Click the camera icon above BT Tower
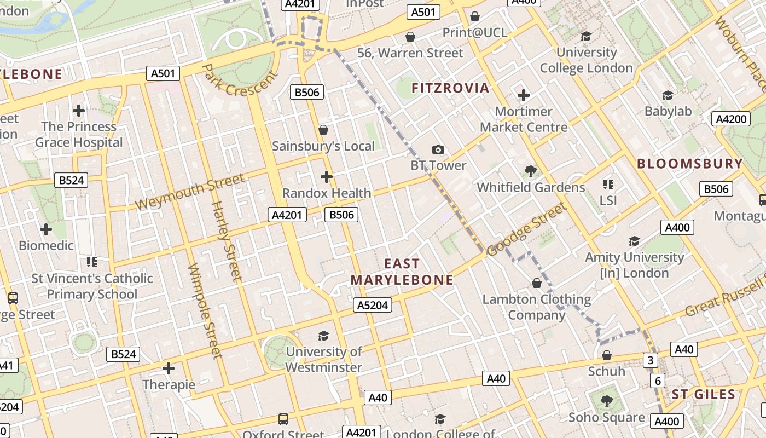(x=438, y=149)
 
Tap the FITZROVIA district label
(x=450, y=88)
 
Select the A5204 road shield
(x=373, y=305)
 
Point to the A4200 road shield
(x=730, y=119)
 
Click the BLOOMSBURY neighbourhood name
(x=690, y=164)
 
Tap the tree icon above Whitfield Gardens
(x=530, y=171)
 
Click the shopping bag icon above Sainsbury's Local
(x=323, y=130)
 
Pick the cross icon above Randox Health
(x=327, y=177)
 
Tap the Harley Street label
(x=227, y=241)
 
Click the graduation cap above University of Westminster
(x=324, y=336)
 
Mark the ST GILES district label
(x=704, y=395)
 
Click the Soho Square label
(x=606, y=418)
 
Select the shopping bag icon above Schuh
(x=606, y=356)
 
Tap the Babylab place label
(x=668, y=111)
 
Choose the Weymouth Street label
(x=189, y=192)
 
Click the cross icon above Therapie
(x=169, y=368)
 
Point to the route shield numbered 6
(x=657, y=381)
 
